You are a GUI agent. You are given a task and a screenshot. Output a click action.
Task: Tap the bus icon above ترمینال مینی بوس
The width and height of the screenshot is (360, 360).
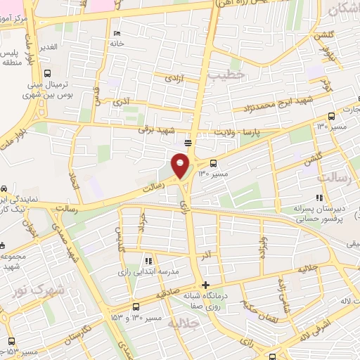click(x=47, y=72)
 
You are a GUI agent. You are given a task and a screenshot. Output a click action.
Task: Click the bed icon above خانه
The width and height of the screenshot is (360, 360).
click(x=117, y=33)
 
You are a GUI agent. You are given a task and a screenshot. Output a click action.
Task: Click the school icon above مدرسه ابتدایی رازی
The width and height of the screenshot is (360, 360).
click(x=148, y=261)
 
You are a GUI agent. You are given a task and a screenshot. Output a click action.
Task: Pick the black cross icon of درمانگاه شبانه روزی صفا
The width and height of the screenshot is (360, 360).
click(x=205, y=285)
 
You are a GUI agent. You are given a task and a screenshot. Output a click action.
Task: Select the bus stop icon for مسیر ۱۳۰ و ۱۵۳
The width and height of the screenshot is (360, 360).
click(x=136, y=307)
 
